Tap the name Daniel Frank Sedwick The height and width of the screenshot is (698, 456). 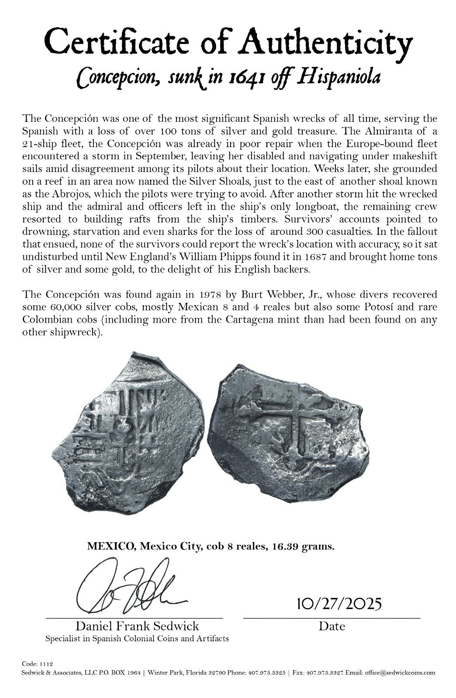click(137, 626)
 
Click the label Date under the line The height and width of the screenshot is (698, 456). click(332, 626)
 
